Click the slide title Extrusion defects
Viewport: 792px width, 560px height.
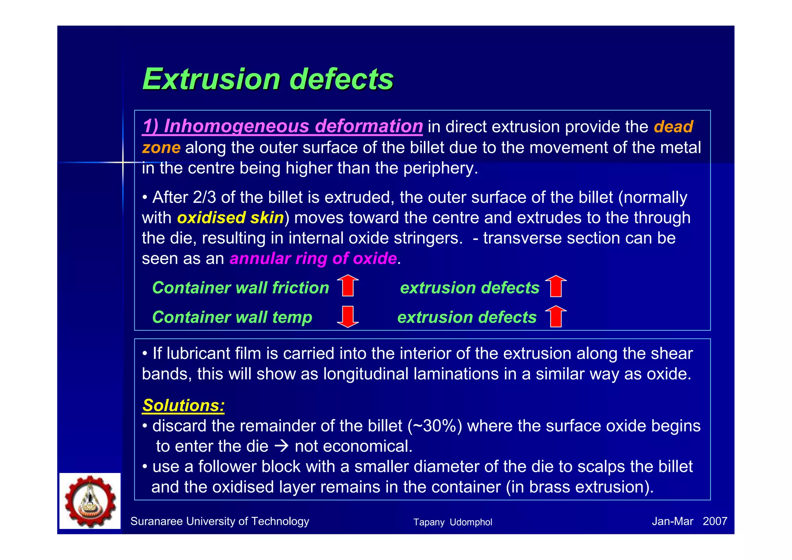268,79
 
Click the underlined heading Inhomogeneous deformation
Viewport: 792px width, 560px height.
282,127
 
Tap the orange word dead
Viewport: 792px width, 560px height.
673,127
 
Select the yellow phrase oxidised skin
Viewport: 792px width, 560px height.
230,218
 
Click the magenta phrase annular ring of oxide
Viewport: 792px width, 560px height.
313,259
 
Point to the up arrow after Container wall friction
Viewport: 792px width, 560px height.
348,286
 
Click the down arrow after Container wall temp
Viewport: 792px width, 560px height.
348,316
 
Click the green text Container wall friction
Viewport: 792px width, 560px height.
241,288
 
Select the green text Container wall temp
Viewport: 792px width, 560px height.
232,317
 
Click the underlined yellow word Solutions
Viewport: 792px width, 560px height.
183,406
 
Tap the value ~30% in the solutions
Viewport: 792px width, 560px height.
435,426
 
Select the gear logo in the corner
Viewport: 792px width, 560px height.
90,501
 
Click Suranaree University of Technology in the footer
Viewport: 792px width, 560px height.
220,522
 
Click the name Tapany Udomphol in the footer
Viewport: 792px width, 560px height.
452,522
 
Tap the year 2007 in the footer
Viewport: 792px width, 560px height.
715,522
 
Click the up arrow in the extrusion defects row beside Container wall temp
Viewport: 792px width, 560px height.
556,316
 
